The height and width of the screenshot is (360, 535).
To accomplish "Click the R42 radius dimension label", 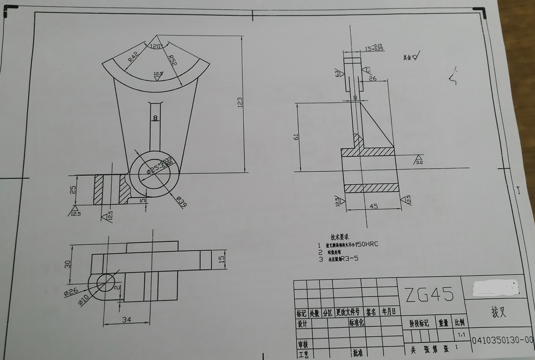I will [x=132, y=55].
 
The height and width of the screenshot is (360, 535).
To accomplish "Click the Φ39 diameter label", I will [x=181, y=201].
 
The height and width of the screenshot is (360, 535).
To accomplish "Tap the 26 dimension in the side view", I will [x=373, y=78].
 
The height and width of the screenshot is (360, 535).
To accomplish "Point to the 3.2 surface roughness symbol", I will [x=419, y=161].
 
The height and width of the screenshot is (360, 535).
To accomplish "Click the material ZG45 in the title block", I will [x=430, y=294].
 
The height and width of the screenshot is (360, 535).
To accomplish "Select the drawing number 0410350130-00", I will [x=502, y=340].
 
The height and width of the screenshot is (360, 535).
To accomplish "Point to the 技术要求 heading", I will [x=340, y=236].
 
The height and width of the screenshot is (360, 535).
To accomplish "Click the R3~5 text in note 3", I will [x=349, y=259].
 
